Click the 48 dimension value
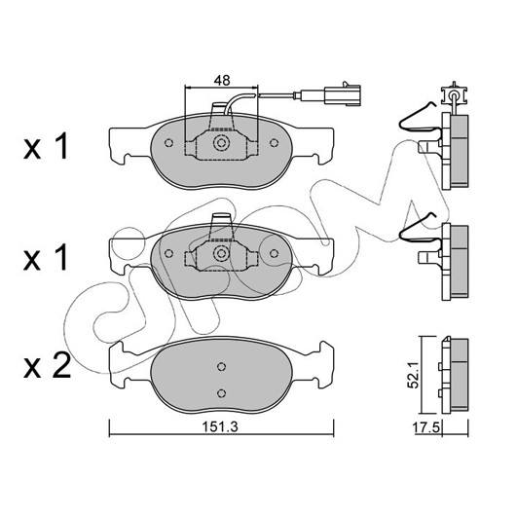tap(222, 80)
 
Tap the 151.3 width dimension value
tap(219, 427)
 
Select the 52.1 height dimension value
tap(413, 374)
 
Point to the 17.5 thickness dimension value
tap(426, 427)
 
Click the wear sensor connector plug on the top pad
tap(343, 94)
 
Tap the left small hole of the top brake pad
tap(168, 143)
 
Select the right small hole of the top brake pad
tap(274, 143)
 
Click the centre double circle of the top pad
tap(221, 143)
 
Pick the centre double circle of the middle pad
tap(221, 253)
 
